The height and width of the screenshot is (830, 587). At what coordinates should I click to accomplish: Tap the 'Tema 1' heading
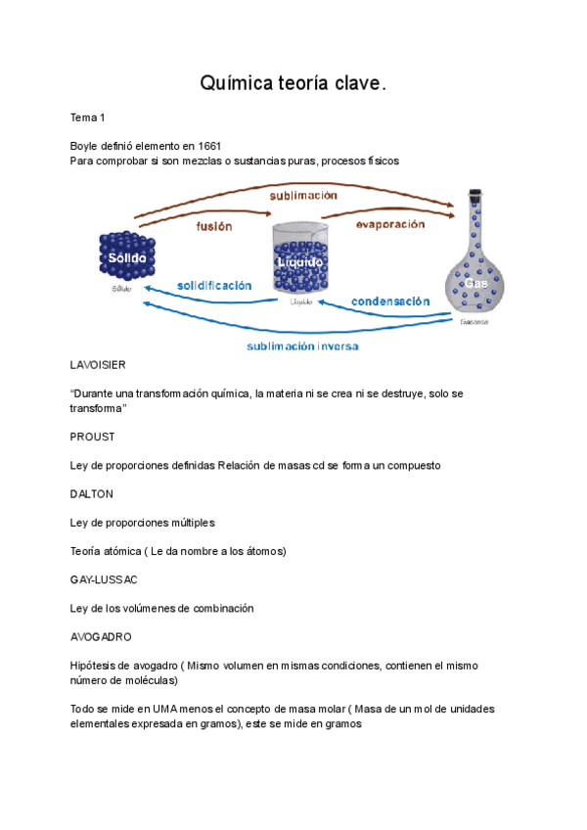87,117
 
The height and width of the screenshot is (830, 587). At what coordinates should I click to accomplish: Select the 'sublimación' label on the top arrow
303,196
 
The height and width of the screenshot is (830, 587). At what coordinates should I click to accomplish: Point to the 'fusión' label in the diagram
214,226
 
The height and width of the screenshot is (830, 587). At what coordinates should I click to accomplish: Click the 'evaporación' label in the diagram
389,224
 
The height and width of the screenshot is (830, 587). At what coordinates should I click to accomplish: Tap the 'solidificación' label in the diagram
214,286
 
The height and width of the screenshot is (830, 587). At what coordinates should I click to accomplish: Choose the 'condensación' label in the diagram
390,301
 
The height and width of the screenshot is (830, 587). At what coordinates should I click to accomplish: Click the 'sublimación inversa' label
302,346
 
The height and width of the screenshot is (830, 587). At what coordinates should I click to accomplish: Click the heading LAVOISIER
98,364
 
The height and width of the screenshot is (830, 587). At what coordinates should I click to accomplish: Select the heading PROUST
93,437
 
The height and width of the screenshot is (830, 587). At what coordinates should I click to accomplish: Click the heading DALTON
92,494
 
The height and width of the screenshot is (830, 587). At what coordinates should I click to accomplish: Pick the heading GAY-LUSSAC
104,579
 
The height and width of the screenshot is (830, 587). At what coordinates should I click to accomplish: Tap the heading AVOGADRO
101,636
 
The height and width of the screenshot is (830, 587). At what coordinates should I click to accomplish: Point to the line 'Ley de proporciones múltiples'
142,523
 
